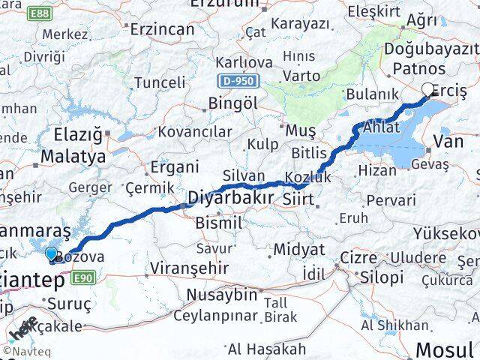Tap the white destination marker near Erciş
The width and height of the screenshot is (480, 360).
[x=428, y=90]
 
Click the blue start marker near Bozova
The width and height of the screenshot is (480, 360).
[x=51, y=255]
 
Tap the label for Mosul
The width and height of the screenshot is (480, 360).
[x=444, y=349]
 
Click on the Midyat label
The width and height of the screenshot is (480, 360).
[x=299, y=249]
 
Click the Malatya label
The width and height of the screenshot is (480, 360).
[x=73, y=157]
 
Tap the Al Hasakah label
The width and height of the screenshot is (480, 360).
[x=267, y=349]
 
